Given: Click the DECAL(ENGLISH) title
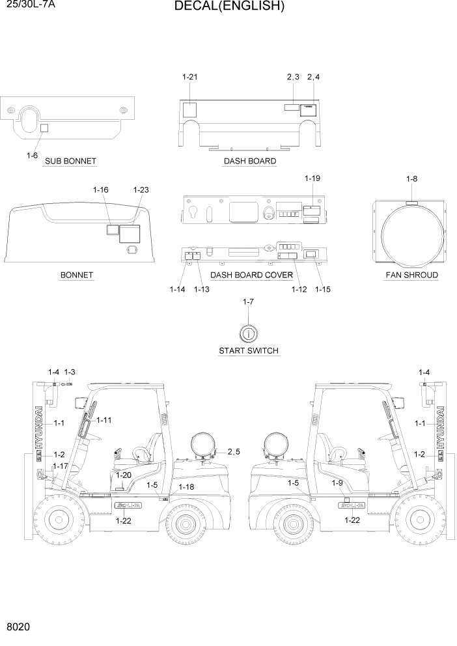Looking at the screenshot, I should pos(229,7).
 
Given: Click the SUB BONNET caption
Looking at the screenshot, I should pos(70,161).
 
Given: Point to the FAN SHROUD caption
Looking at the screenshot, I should pos(411,275).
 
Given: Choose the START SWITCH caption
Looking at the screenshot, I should pos(249,350).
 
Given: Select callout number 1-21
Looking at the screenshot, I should pos(189,77).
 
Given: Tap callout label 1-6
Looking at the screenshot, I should pos(33,155).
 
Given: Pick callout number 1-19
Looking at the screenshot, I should pos(312,178).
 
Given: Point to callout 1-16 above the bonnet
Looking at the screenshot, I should pos(100,190).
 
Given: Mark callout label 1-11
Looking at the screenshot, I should pos(104,420).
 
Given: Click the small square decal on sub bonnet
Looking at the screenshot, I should pos(44,128).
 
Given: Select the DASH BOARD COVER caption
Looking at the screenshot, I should pos(251,275).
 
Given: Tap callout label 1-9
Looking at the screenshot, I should pos(337,483).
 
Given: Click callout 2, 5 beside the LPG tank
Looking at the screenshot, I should pos(234,451).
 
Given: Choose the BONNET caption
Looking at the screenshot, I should pos(77,275).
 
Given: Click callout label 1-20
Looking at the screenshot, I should pos(123,475).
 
